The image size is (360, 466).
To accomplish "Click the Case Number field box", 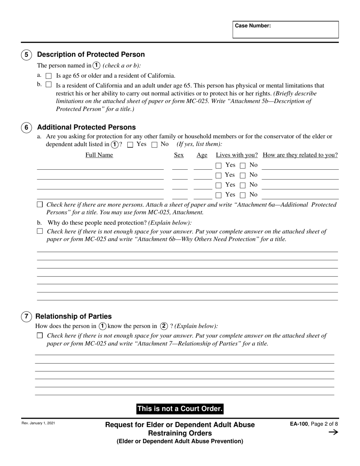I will [x=285, y=30].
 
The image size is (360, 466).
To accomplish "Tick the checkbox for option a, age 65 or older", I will [x=49, y=76].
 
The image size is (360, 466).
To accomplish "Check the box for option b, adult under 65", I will [x=48, y=84].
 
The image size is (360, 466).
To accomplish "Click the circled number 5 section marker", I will [x=26, y=55].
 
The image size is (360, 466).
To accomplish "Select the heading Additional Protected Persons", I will [x=86, y=127].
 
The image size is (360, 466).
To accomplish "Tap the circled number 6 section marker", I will [x=26, y=128].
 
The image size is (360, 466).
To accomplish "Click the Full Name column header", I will [x=99, y=155].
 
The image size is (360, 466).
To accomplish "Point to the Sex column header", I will [x=178, y=155].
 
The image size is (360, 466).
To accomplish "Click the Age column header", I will [x=202, y=155].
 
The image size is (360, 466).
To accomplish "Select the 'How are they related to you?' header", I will [x=300, y=155].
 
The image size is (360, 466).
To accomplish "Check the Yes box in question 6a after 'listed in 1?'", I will [x=130, y=145].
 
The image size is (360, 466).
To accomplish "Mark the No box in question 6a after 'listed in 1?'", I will [x=154, y=145].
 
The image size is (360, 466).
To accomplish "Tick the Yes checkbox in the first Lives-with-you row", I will [x=218, y=165].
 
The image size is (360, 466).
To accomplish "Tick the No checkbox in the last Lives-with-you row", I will [x=243, y=195].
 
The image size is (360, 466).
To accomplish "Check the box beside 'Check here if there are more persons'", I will [x=40, y=205].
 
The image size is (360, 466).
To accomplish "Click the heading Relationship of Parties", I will [x=73, y=316].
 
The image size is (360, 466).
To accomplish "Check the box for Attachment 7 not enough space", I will [x=40, y=335].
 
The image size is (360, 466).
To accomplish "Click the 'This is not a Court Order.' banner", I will [x=180, y=409].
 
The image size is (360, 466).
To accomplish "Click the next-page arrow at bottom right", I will [x=333, y=432].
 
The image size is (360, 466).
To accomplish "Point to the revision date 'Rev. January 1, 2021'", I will [x=38, y=423].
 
